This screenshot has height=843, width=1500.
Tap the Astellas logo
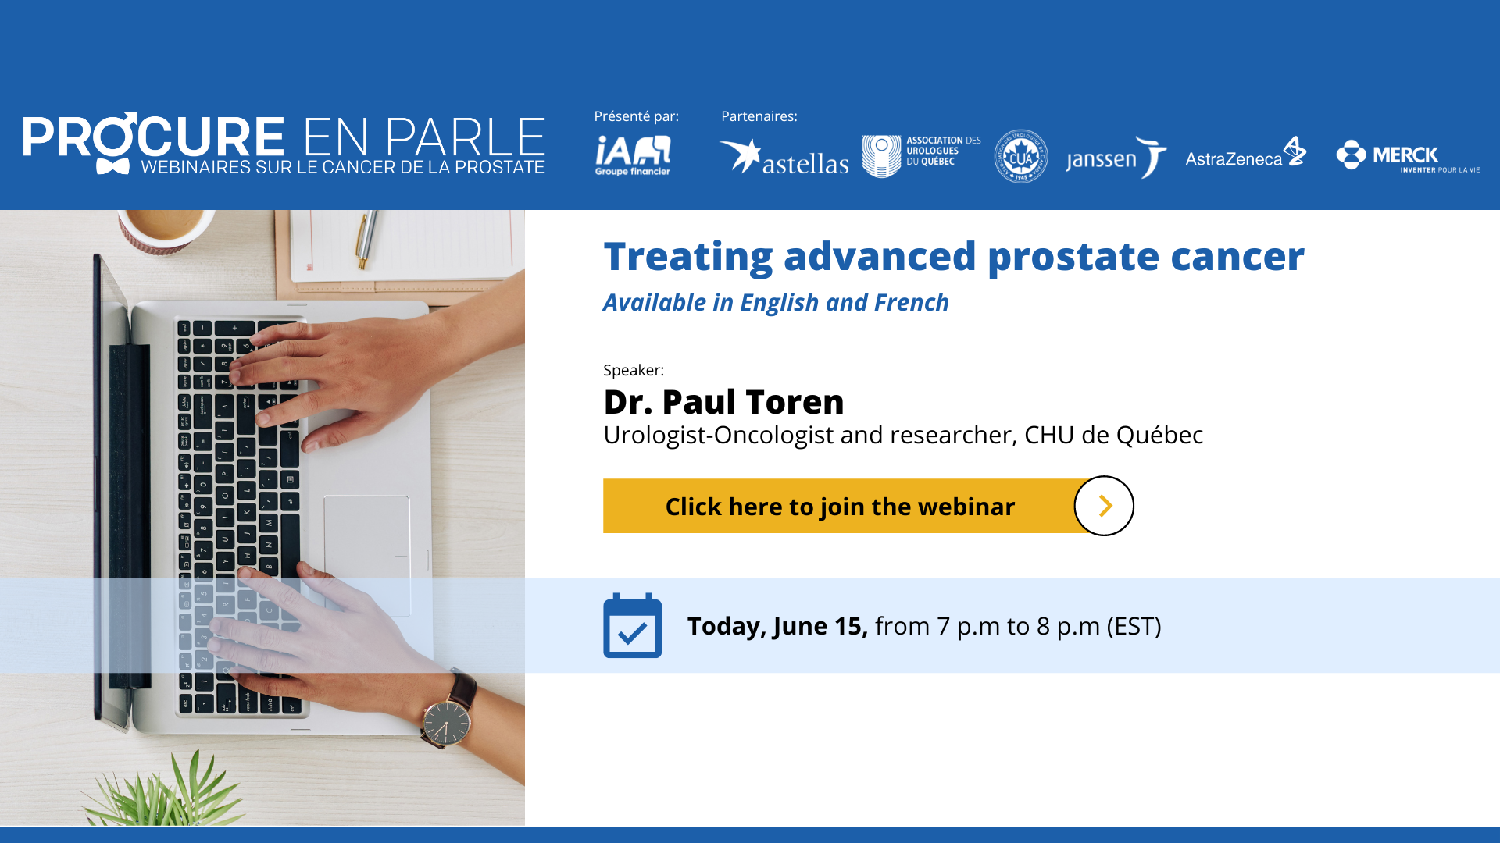click(x=784, y=158)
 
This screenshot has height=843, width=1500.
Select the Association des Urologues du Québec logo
click(x=921, y=155)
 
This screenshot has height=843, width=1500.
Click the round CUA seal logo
click(x=1020, y=156)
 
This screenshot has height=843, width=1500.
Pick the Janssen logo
click(x=1116, y=158)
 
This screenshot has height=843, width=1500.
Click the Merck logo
click(x=1406, y=156)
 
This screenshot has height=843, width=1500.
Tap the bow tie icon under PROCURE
click(x=112, y=166)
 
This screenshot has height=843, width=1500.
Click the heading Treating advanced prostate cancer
click(x=953, y=257)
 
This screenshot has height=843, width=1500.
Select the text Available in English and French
click(x=775, y=303)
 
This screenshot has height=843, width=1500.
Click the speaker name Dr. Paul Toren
click(x=723, y=402)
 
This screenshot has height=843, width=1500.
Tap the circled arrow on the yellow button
click(x=1104, y=506)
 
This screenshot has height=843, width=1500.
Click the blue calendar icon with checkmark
click(x=632, y=626)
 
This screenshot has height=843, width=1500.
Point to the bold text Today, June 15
click(x=777, y=626)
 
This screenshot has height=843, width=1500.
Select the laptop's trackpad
click(x=366, y=554)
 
